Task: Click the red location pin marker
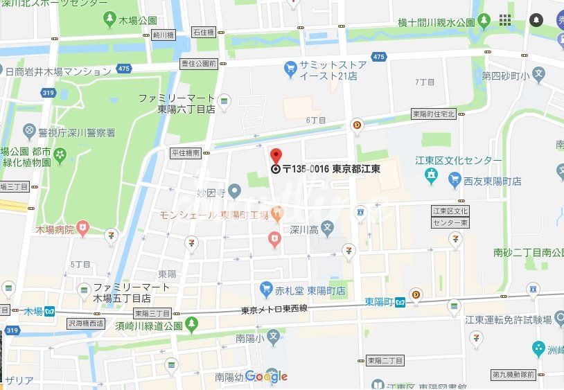pos(275,156)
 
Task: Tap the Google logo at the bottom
pos(266,377)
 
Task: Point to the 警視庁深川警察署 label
pos(78,132)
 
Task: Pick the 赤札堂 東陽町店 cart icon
pos(266,287)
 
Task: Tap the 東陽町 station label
pos(378,302)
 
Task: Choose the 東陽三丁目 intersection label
pos(152,313)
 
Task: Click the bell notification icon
pos(536,20)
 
